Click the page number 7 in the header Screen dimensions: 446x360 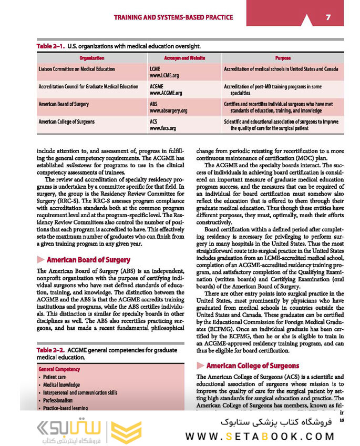[x=327, y=17]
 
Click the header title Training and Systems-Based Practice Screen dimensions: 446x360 [x=173, y=17]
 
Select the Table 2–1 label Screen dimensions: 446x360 [x=50, y=46]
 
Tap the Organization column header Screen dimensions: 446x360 [x=91, y=58]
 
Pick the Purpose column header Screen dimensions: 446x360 [x=283, y=58]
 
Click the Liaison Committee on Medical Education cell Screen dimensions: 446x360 [x=77, y=69]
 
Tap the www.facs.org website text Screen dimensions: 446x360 [x=163, y=128]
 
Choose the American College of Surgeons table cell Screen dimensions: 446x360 [x=67, y=122]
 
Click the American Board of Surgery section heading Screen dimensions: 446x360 [x=88, y=260]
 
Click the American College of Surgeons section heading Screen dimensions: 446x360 [x=252, y=366]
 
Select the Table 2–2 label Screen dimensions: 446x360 [x=50, y=350]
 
